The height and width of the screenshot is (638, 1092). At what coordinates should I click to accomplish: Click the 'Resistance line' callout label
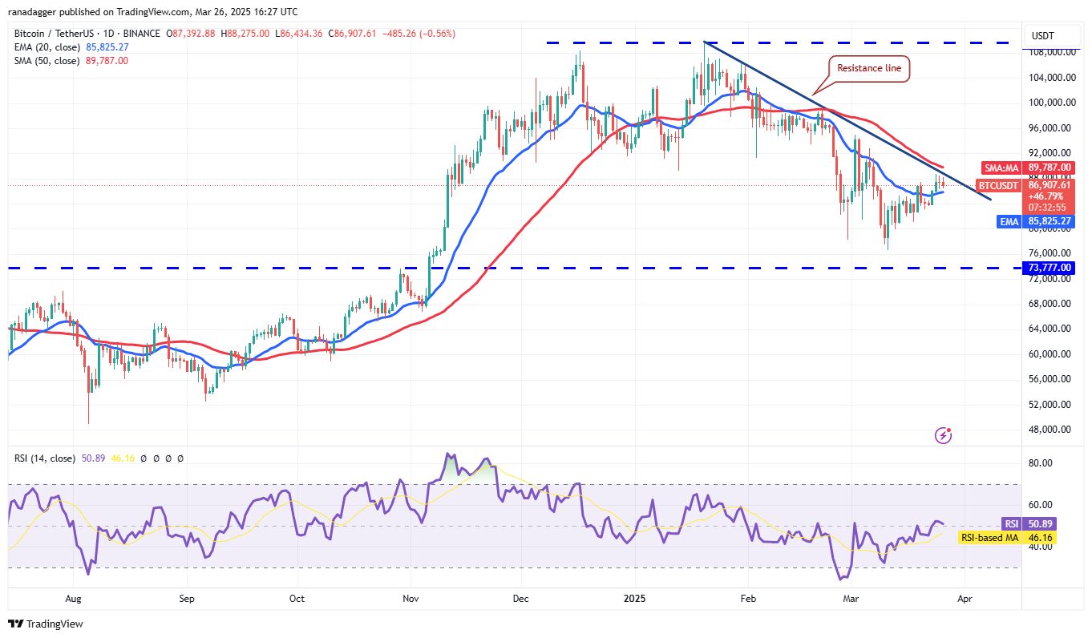tap(868, 69)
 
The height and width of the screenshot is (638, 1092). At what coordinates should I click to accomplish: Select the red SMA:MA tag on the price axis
tap(1001, 168)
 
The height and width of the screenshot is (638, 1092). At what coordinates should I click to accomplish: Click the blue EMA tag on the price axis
tap(1008, 221)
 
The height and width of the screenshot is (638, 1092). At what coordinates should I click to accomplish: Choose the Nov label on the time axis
tap(411, 598)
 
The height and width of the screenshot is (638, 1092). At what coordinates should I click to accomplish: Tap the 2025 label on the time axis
tap(636, 598)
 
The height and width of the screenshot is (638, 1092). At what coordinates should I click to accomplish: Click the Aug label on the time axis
tap(74, 598)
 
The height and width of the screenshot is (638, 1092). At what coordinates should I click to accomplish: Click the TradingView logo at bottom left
tap(46, 624)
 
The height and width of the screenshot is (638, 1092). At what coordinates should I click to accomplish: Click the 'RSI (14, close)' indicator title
tap(44, 458)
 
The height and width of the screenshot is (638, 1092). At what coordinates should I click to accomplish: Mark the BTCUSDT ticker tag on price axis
tap(1000, 185)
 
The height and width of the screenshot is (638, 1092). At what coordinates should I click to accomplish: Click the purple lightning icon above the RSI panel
tap(944, 435)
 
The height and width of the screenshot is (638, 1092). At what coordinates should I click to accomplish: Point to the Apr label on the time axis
tap(966, 598)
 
